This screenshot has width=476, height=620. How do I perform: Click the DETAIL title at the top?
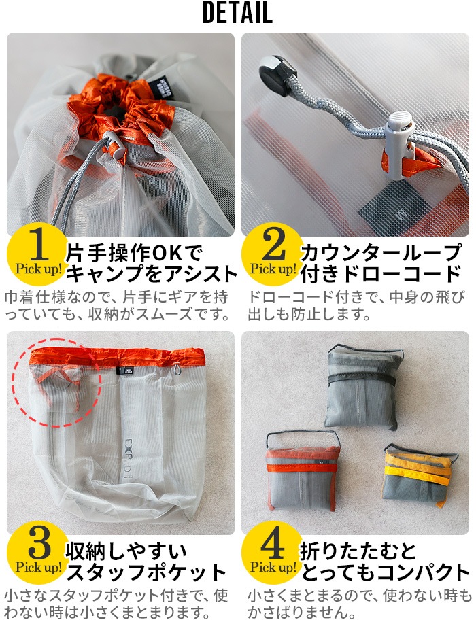(x=237, y=14)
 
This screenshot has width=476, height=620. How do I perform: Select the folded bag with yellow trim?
(x=415, y=475)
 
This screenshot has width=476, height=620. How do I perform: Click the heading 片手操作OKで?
(x=134, y=254)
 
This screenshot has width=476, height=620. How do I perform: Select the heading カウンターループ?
(x=380, y=254)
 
